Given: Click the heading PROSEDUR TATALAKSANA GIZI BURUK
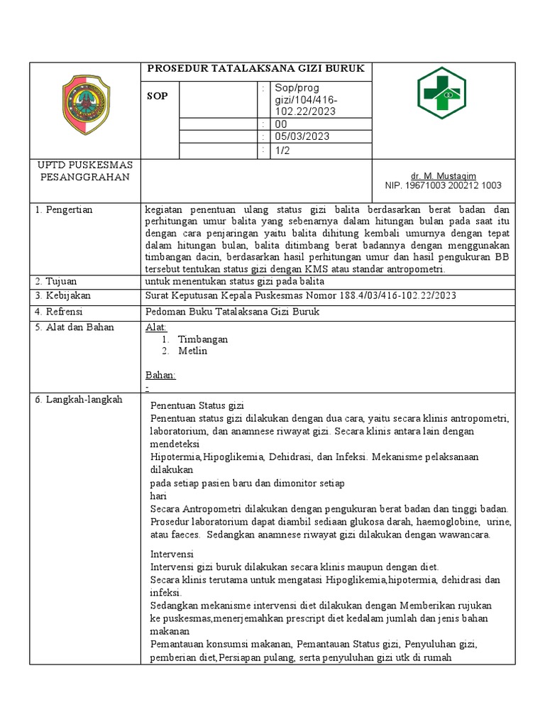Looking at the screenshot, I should (x=255, y=69).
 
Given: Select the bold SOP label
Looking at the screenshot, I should (x=158, y=96).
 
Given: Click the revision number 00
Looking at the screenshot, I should (x=281, y=124).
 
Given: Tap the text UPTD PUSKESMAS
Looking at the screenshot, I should (x=86, y=165).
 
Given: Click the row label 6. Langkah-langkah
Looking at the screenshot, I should (x=79, y=400).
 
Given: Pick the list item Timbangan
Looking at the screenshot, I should (x=202, y=339).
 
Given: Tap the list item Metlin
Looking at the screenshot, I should (x=193, y=351).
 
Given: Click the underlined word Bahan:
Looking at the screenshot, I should (x=160, y=375).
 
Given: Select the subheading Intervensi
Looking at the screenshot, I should (x=172, y=554).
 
